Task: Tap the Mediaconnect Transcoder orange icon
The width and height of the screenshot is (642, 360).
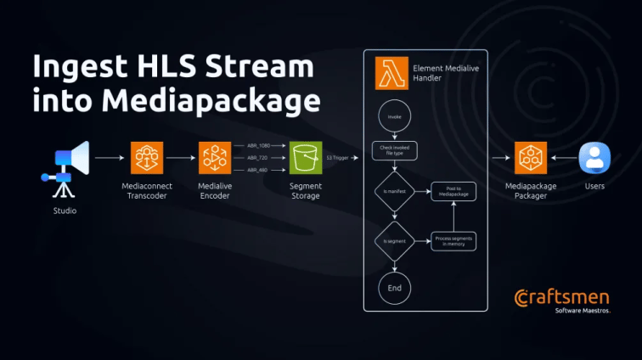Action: (x=147, y=158)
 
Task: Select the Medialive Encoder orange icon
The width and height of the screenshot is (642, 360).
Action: (x=215, y=158)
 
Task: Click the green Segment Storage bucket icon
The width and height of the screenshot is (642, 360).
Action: (x=306, y=158)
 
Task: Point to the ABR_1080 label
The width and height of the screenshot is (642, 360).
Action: (x=258, y=145)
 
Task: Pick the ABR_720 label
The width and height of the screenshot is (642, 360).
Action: (x=258, y=158)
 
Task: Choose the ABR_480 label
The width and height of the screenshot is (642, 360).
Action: (x=258, y=171)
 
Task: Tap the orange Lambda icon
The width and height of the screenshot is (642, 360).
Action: (x=391, y=75)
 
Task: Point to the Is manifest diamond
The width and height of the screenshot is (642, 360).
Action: (x=394, y=193)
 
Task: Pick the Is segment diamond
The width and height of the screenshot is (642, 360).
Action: (x=394, y=241)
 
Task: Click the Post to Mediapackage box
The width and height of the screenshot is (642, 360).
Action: (x=453, y=193)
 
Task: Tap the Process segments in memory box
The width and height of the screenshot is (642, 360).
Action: (x=453, y=241)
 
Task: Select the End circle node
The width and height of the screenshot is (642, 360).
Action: (x=394, y=288)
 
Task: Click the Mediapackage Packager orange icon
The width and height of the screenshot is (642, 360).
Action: (x=531, y=158)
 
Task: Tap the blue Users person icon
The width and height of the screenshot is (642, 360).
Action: (x=594, y=158)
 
